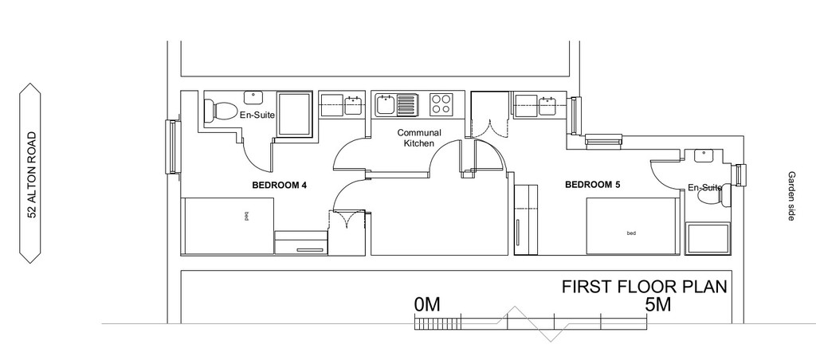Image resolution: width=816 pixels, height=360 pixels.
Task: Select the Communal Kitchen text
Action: (x=419, y=138)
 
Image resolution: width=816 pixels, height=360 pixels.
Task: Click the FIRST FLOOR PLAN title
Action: (x=644, y=287)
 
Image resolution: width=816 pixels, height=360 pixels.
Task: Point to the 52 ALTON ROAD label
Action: (x=32, y=174)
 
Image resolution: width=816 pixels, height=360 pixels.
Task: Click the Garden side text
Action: (x=791, y=196)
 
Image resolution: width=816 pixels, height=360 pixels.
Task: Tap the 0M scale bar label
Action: (x=427, y=304)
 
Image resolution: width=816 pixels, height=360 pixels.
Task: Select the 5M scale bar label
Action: (x=657, y=304)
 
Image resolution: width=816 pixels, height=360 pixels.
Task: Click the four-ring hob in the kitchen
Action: (x=441, y=104)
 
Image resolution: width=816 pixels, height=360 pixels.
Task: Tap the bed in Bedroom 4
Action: (x=227, y=225)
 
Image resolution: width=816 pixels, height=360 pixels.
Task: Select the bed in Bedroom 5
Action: (x=633, y=226)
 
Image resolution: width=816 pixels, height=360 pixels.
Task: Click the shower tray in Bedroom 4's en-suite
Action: (x=294, y=114)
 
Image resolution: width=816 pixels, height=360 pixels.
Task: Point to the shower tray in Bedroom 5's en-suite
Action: (x=708, y=239)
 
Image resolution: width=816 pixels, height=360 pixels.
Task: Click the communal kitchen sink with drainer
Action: (x=396, y=104)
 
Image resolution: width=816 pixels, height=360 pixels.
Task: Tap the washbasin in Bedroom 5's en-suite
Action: (x=703, y=155)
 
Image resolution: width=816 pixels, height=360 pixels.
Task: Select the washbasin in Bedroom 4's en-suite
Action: (x=253, y=96)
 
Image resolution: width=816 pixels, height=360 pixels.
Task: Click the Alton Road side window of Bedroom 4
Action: (x=172, y=147)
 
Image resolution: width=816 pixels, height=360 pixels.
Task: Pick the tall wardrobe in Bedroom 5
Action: (x=524, y=219)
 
